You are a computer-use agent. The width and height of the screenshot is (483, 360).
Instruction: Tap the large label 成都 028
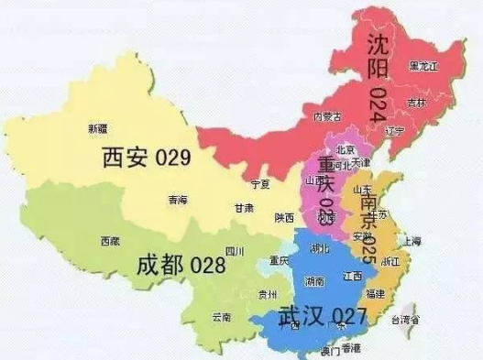click(x=180, y=265)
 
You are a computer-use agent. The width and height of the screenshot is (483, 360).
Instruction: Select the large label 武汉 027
click(x=312, y=316)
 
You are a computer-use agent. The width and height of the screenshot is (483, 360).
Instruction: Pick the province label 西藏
click(x=110, y=242)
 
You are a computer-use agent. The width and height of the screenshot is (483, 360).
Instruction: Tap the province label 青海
click(x=177, y=200)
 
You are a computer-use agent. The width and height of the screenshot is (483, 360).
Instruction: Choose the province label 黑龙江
click(x=424, y=66)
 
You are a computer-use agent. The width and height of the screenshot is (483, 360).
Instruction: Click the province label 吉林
click(x=418, y=103)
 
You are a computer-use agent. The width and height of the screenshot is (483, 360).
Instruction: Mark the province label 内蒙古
click(x=327, y=116)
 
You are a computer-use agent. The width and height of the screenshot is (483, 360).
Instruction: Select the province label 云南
click(x=221, y=317)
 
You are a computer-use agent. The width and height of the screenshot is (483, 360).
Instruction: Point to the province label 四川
click(x=236, y=249)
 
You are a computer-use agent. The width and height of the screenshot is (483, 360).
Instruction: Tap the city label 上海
click(x=411, y=241)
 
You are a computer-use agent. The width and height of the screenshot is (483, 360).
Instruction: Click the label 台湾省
click(x=405, y=321)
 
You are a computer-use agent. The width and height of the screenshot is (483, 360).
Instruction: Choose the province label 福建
click(x=374, y=294)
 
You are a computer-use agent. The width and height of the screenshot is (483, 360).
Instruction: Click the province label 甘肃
click(x=243, y=209)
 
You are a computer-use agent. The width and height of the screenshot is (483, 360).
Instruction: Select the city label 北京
click(x=346, y=149)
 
